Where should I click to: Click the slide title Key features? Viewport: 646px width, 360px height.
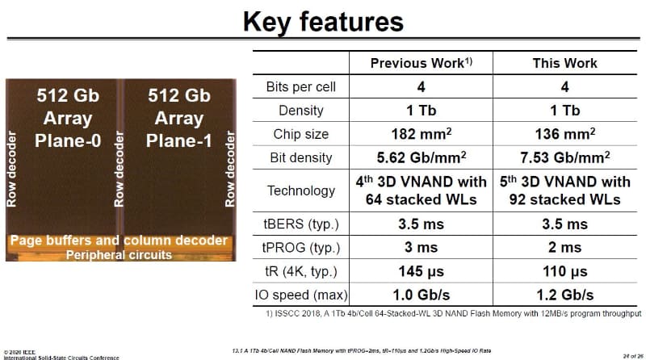[x=323, y=22]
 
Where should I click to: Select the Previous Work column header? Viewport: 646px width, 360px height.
[x=421, y=63]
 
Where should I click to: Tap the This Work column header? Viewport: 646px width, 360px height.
[x=564, y=63]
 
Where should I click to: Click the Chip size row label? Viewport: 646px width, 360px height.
[x=300, y=134]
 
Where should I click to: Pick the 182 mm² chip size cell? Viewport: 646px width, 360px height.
[x=421, y=134]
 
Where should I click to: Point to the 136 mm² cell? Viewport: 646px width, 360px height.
[x=564, y=134]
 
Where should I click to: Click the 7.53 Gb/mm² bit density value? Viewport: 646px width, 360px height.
[x=564, y=157]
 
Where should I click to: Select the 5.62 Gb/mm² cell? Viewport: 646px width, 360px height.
[x=421, y=157]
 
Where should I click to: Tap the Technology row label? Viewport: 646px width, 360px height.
[x=300, y=190]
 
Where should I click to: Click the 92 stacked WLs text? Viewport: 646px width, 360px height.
[x=564, y=199]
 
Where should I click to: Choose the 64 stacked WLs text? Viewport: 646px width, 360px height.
[x=421, y=199]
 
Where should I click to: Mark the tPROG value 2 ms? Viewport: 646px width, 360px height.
[x=564, y=247]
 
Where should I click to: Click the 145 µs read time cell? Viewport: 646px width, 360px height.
[x=421, y=271]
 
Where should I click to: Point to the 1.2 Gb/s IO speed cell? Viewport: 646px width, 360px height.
[x=564, y=295]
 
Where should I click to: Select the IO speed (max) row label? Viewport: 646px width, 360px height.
[x=300, y=295]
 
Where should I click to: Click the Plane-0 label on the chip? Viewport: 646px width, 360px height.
[x=68, y=141]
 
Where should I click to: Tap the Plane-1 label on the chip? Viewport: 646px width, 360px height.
[x=178, y=141]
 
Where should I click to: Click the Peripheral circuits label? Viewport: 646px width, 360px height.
[x=119, y=255]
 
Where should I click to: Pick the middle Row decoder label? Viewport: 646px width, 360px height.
[x=119, y=169]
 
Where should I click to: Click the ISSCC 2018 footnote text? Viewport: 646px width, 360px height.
[x=454, y=313]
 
